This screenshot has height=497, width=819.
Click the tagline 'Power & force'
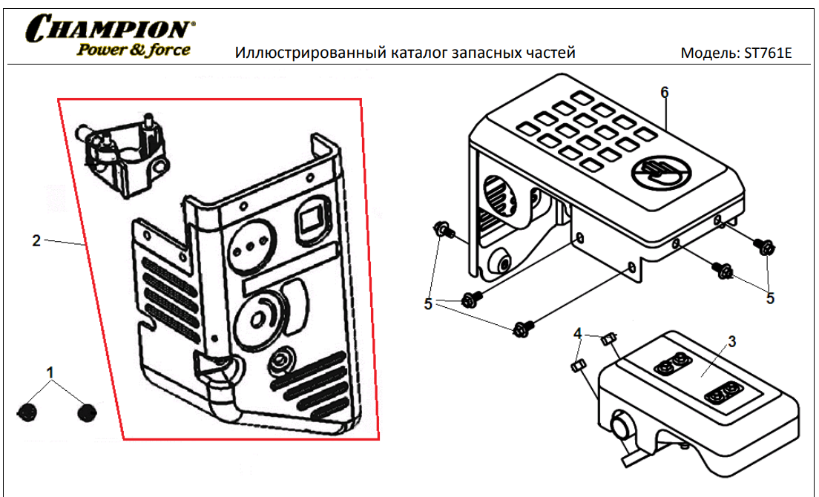pyautogui.click(x=134, y=50)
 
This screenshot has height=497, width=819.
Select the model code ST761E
pyautogui.click(x=768, y=53)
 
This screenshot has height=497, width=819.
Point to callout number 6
pyautogui.click(x=664, y=93)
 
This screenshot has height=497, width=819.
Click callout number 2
pyautogui.click(x=36, y=240)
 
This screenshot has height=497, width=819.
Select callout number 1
pyautogui.click(x=50, y=372)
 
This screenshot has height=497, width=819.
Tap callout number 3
pyautogui.click(x=731, y=341)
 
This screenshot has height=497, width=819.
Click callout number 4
pyautogui.click(x=577, y=333)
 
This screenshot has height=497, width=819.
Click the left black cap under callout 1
pyautogui.click(x=27, y=412)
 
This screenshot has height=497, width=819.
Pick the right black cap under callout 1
pyautogui.click(x=86, y=412)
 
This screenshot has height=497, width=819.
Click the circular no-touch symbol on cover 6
pyautogui.click(x=661, y=172)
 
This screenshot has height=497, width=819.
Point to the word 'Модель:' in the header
pyautogui.click(x=711, y=53)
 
